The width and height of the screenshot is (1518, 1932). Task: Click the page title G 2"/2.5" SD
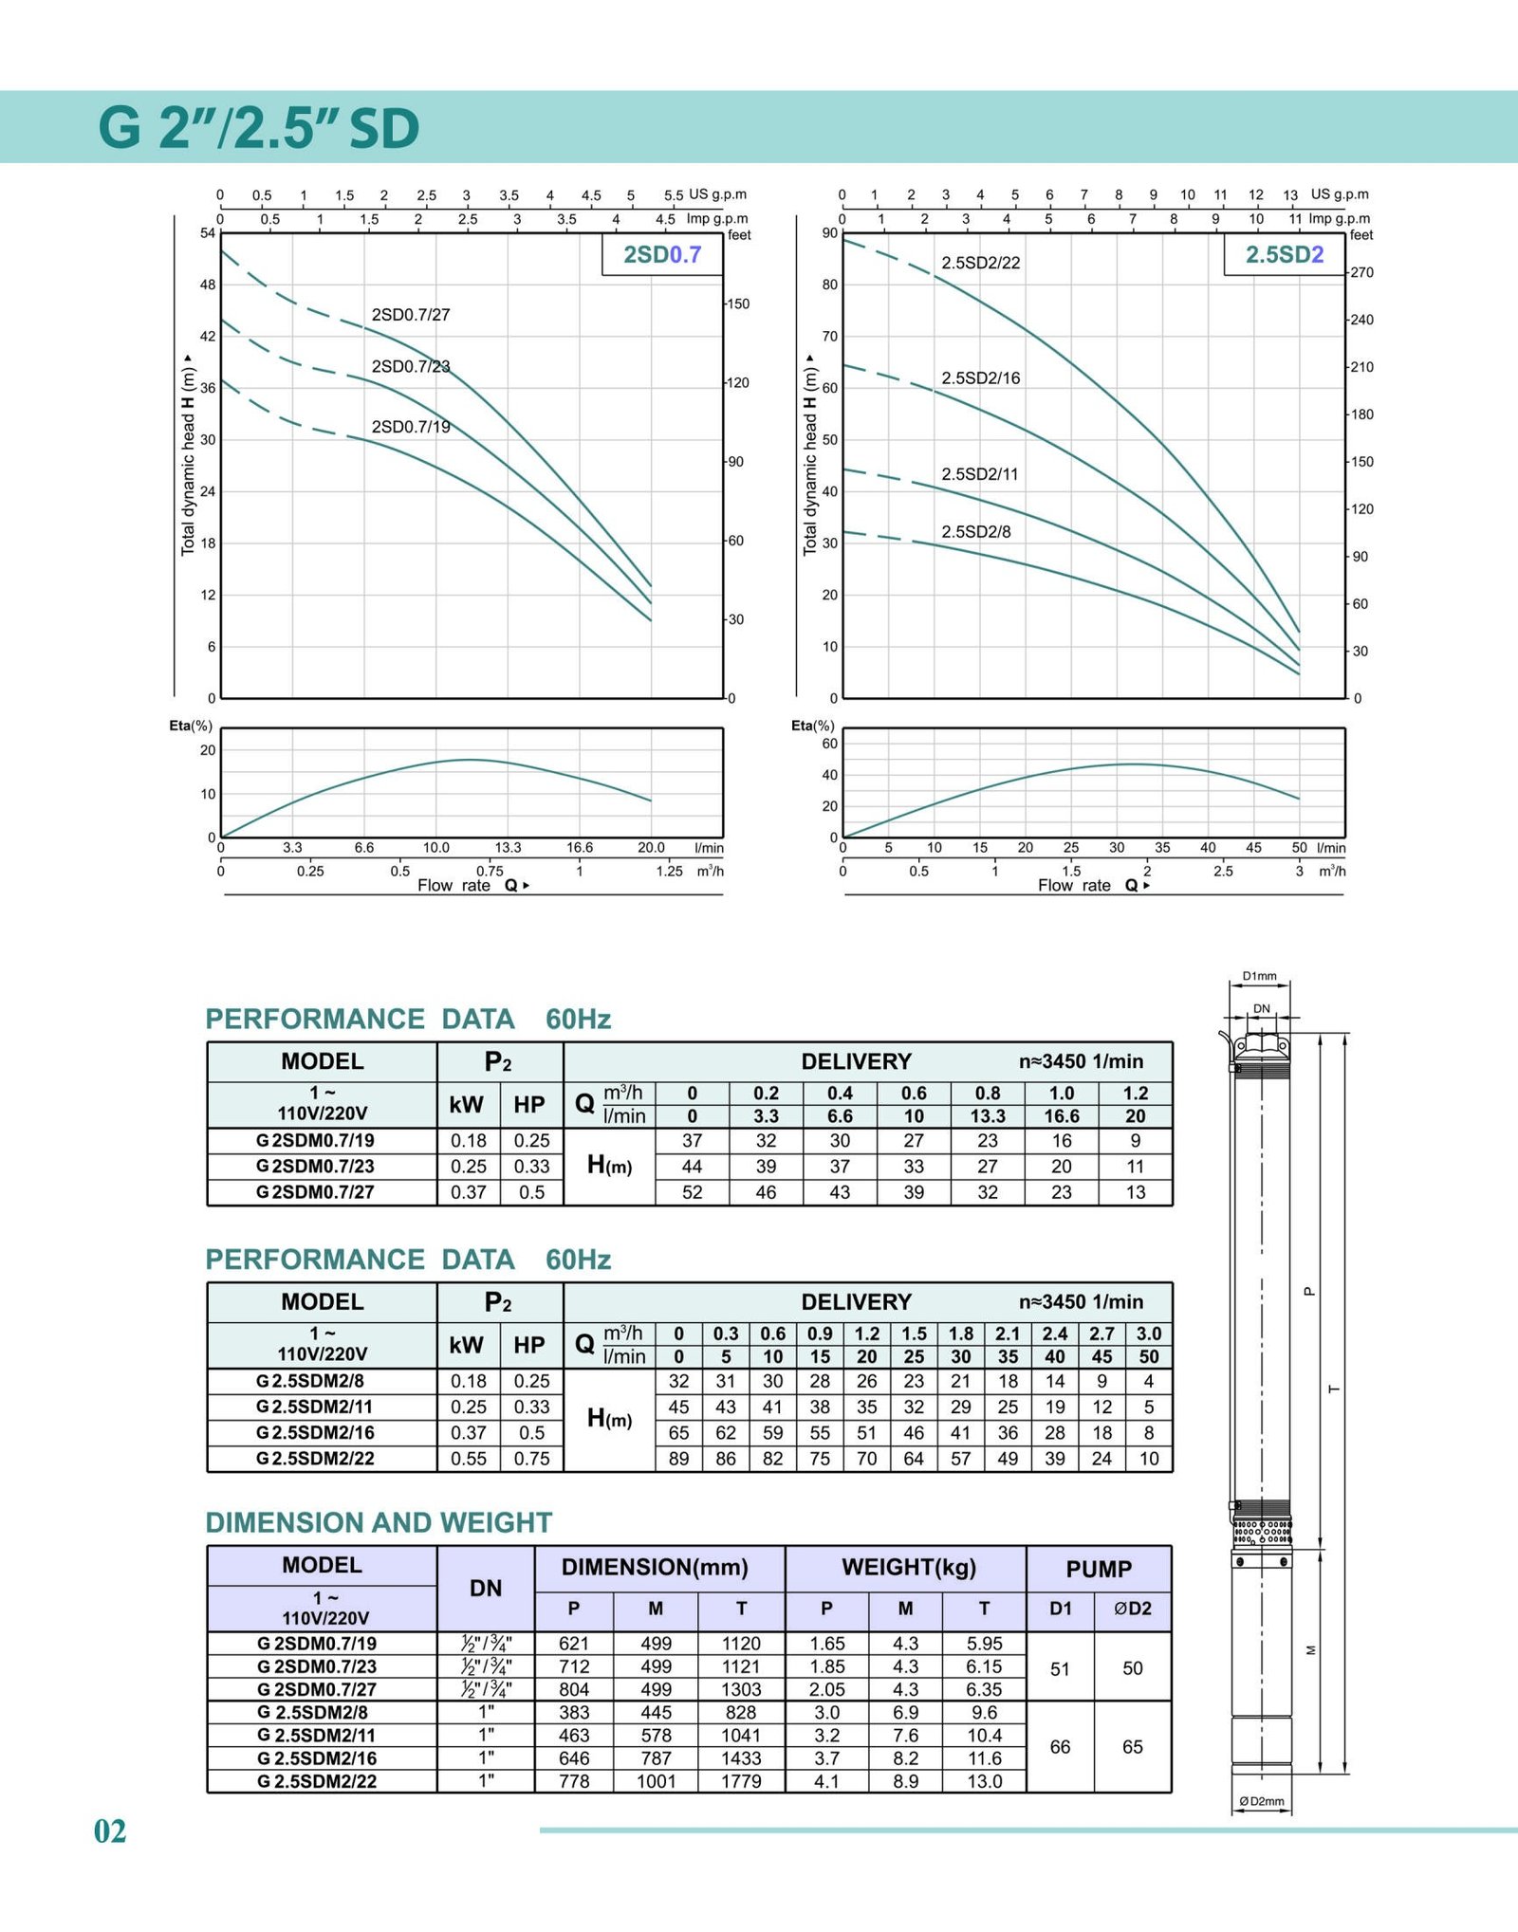point(259,128)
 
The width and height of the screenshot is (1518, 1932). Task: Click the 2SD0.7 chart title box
point(662,254)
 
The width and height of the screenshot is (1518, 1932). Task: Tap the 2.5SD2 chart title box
point(1284,254)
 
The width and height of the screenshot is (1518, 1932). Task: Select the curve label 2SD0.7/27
point(411,315)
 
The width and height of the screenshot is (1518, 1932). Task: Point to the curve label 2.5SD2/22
point(980,263)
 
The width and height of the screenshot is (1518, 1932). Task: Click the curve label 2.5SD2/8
point(975,532)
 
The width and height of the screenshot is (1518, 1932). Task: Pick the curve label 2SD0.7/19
point(411,427)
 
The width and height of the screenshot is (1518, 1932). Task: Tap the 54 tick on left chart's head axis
point(208,233)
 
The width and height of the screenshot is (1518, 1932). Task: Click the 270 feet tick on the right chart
point(1361,273)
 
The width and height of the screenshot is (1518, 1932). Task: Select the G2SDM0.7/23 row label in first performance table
point(315,1167)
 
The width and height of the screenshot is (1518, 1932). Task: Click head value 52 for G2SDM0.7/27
point(693,1192)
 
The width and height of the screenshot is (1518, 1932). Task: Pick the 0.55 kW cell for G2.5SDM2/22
point(469,1459)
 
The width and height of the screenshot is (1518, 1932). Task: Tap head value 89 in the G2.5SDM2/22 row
point(679,1459)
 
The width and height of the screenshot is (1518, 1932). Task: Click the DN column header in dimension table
point(486,1588)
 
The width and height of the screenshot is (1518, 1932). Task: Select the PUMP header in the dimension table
point(1099,1569)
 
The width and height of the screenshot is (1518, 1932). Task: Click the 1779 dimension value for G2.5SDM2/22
point(741,1781)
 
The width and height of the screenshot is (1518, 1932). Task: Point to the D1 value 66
point(1060,1747)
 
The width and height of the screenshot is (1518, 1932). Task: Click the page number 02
point(110,1831)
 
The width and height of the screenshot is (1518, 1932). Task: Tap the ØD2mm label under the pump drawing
point(1262,1801)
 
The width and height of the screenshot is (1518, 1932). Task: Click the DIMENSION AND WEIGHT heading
point(379,1522)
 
